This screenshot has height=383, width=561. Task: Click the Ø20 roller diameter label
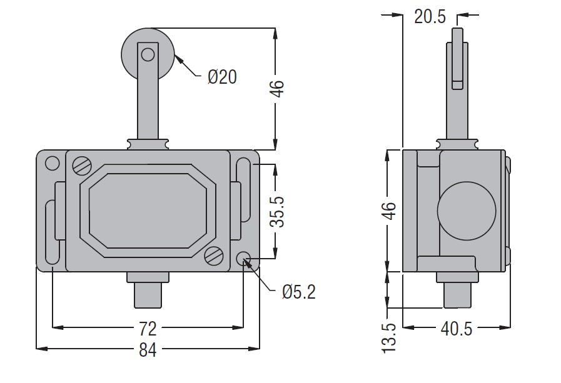(222, 77)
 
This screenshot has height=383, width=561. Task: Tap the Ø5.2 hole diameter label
(299, 292)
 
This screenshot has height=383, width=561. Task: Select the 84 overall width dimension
(148, 350)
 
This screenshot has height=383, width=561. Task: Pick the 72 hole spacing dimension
(148, 329)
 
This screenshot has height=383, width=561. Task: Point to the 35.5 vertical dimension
(277, 211)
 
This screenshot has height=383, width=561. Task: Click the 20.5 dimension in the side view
(430, 16)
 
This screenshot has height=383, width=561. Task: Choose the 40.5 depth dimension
(457, 329)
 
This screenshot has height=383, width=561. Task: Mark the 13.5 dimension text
(389, 338)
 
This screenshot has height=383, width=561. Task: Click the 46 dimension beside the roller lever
(277, 89)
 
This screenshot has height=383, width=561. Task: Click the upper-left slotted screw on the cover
(83, 165)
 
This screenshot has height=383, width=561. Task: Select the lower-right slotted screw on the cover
(214, 256)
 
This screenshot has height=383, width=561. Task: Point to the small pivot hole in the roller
(148, 54)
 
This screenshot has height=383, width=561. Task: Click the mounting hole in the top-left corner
(53, 163)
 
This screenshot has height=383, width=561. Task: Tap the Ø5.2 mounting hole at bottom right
(244, 258)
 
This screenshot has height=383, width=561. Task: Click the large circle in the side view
(467, 211)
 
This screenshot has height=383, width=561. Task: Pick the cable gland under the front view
(148, 289)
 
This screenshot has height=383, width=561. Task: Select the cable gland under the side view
(457, 289)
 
